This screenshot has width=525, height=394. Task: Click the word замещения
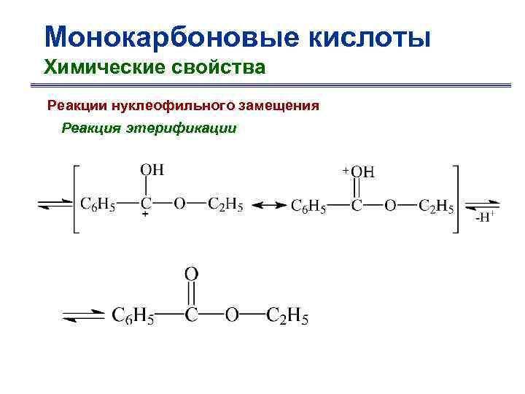pyautogui.click(x=278, y=106)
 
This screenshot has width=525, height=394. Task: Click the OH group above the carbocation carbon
pyautogui.click(x=152, y=169)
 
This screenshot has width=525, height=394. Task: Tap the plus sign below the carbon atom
pyautogui.click(x=145, y=217)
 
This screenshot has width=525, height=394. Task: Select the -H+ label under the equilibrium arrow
pyautogui.click(x=484, y=217)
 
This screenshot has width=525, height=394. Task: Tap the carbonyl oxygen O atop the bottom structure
pyautogui.click(x=191, y=274)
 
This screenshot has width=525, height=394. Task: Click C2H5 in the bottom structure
pyautogui.click(x=287, y=316)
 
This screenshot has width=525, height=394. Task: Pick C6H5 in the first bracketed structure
pyautogui.click(x=98, y=204)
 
